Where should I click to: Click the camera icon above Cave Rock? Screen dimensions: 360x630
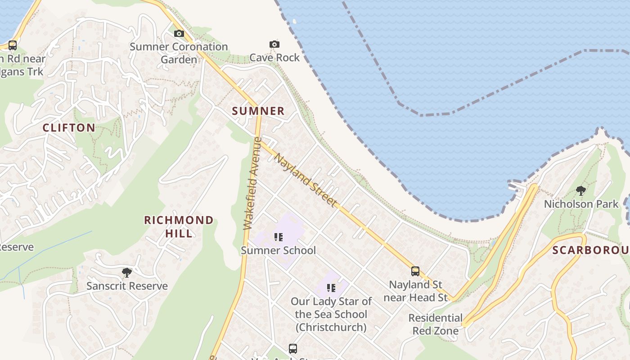pyautogui.click(x=274, y=44)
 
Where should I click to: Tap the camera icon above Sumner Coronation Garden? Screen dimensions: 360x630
pyautogui.click(x=179, y=34)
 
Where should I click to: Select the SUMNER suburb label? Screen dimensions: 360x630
pyautogui.click(x=258, y=111)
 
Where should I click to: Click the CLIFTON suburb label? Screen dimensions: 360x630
pyautogui.click(x=69, y=128)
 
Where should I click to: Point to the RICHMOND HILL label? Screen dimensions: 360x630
pyautogui.click(x=179, y=226)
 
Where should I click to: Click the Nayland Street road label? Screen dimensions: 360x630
pyautogui.click(x=306, y=180)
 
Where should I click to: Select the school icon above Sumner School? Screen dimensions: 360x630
pyautogui.click(x=279, y=237)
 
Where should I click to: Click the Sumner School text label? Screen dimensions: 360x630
pyautogui.click(x=279, y=250)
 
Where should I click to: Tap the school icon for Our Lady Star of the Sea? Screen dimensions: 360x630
pyautogui.click(x=331, y=288)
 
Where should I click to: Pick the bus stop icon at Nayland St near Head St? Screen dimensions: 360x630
pyautogui.click(x=415, y=271)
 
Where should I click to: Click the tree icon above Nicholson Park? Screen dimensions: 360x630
pyautogui.click(x=581, y=191)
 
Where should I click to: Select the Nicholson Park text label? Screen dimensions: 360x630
pyautogui.click(x=581, y=204)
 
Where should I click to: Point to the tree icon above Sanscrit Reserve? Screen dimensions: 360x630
pyautogui.click(x=127, y=273)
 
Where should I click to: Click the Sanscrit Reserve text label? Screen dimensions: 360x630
pyautogui.click(x=127, y=286)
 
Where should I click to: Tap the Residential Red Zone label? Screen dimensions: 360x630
pyautogui.click(x=435, y=324)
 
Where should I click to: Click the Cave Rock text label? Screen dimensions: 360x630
pyautogui.click(x=274, y=58)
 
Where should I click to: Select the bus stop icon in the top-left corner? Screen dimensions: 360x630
pyautogui.click(x=13, y=45)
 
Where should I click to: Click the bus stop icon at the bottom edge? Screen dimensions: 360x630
pyautogui.click(x=293, y=349)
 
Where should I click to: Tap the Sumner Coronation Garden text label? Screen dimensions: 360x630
pyautogui.click(x=179, y=53)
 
